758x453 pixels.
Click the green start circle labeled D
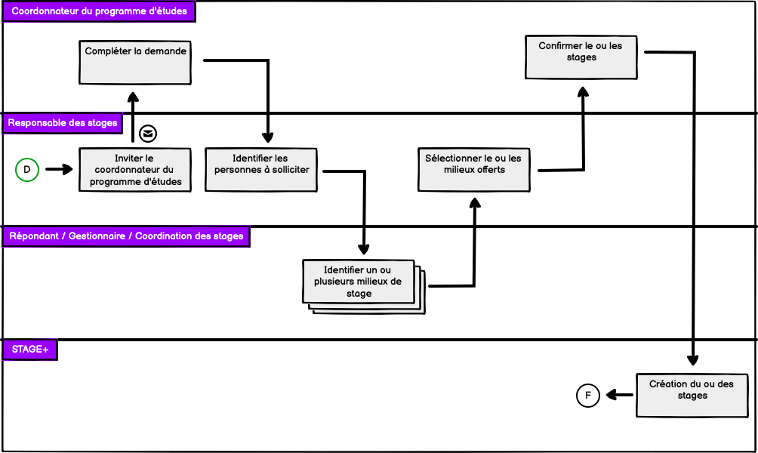click(27, 170)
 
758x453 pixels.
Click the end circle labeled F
click(588, 395)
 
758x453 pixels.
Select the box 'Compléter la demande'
click(135, 62)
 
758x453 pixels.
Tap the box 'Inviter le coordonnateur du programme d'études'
click(135, 170)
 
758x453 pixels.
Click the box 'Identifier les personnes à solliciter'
click(261, 170)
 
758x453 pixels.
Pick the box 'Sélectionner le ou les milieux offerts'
click(474, 169)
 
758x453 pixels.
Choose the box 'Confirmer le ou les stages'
click(580, 57)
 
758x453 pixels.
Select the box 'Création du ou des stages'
click(692, 395)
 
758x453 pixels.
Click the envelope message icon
click(149, 134)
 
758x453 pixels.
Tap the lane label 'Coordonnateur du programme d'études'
click(99, 11)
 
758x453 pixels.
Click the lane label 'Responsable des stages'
click(63, 122)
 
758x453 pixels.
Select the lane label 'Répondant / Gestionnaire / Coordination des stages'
click(125, 236)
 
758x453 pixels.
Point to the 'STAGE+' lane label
click(30, 350)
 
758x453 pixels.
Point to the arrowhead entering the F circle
click(610, 395)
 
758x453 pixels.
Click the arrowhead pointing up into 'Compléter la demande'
click(133, 96)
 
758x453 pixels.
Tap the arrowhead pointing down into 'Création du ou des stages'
click(692, 361)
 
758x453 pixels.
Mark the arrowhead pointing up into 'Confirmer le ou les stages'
click(582, 91)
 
